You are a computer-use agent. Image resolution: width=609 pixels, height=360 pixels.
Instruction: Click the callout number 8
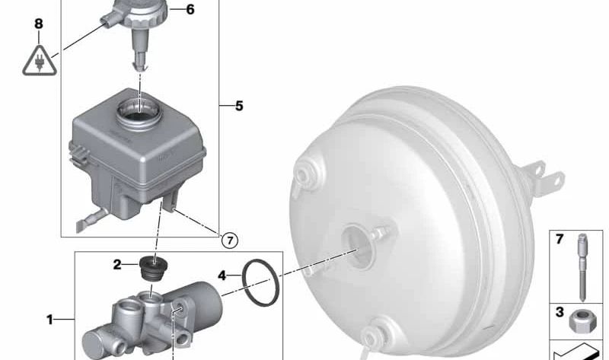(x=39, y=24)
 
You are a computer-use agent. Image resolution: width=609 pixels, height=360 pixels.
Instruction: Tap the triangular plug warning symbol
(x=40, y=62)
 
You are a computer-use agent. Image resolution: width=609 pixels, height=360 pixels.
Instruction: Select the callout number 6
(x=190, y=9)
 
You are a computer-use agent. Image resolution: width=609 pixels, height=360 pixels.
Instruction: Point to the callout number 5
(x=239, y=106)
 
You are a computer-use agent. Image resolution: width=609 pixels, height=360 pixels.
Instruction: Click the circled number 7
(x=230, y=241)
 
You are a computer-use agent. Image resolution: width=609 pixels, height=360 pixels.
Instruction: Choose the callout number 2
(x=117, y=265)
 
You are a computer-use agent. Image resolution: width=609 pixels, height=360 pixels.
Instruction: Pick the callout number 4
(x=222, y=276)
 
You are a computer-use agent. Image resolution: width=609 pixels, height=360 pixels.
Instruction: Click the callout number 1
(x=49, y=320)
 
